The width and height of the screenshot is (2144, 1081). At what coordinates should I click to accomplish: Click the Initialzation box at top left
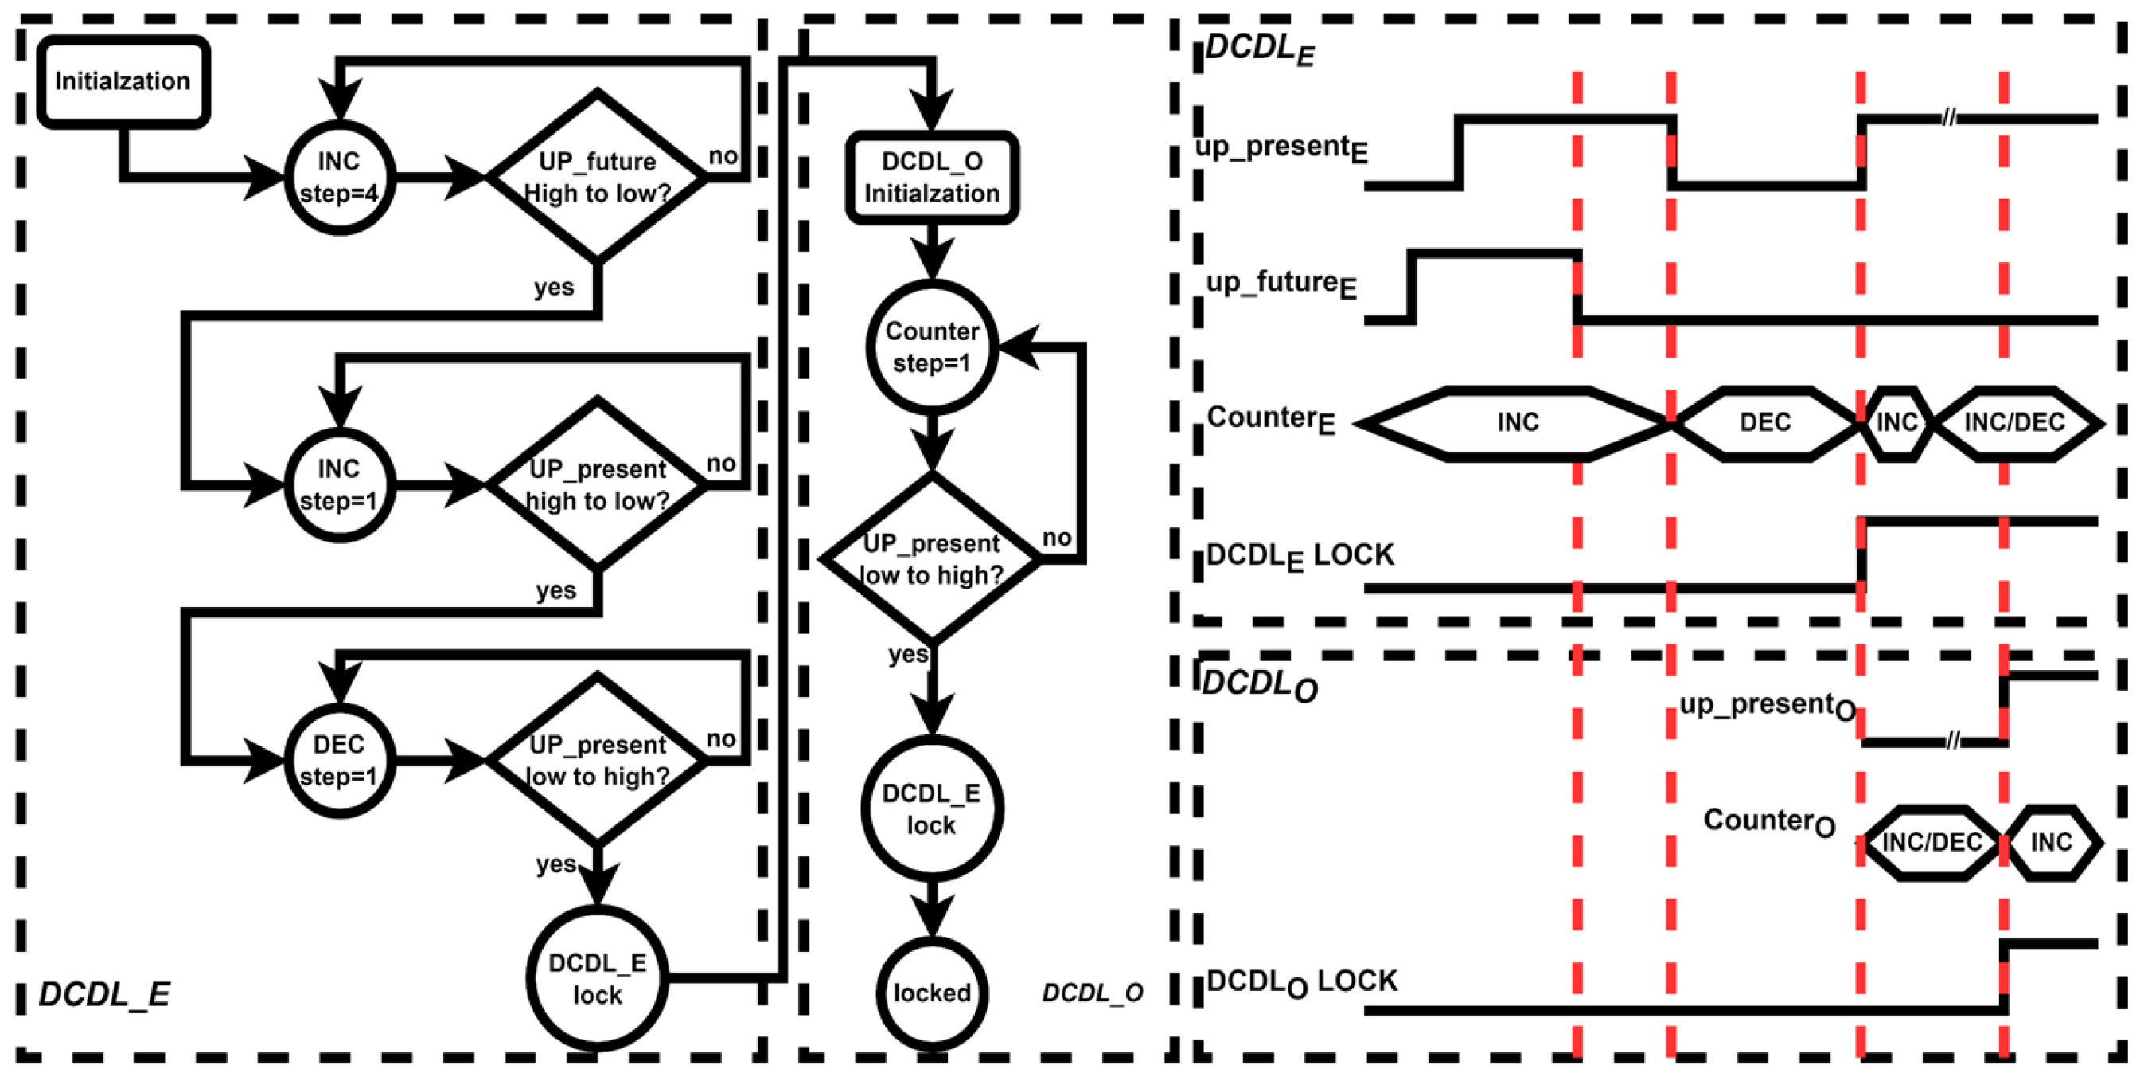pos(123,81)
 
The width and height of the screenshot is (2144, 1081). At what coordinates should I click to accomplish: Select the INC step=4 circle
pos(340,178)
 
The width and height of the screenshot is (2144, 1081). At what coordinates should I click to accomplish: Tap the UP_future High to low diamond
pos(597,178)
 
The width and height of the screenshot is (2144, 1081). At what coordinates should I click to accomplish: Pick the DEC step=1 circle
pos(340,760)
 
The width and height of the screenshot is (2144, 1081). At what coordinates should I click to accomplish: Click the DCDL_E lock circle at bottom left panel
pos(597,978)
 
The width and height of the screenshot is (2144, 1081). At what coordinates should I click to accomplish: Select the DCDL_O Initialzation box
pos(932,178)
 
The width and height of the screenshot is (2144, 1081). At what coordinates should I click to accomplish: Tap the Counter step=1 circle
pos(932,347)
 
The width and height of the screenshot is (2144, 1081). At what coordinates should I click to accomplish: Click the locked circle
pos(932,993)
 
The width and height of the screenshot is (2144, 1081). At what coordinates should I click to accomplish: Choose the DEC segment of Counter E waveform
pos(1764,423)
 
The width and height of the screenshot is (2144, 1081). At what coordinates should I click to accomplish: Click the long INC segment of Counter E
pos(1518,423)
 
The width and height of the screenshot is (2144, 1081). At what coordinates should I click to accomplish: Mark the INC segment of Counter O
pos(2052,843)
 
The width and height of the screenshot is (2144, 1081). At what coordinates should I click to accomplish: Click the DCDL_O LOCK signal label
pos(1302,983)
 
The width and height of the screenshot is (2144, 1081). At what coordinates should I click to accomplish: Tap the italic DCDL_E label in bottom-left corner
pos(105,994)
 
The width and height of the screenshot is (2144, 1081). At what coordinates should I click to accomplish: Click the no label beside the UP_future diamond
pos(723,157)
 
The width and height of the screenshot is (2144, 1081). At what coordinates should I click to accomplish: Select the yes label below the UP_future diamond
pos(553,288)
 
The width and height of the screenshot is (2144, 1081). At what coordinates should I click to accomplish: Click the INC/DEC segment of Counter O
pos(1931,843)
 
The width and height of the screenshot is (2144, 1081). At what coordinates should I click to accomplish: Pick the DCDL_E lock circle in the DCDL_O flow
pos(932,809)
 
